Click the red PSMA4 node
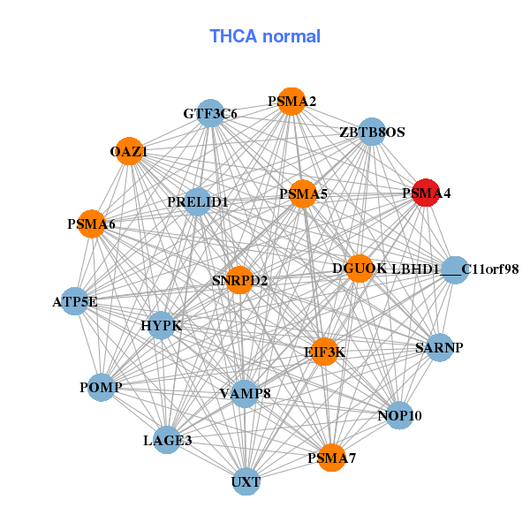click(x=426, y=193)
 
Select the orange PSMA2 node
click(x=291, y=102)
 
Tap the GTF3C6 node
click(x=210, y=113)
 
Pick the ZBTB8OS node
click(x=372, y=132)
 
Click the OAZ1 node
click(x=129, y=151)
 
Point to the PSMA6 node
click(x=91, y=224)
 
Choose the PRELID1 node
click(x=198, y=201)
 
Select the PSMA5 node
click(x=303, y=194)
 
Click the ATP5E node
click(x=75, y=302)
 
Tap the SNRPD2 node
click(x=239, y=280)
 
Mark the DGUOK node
click(x=360, y=268)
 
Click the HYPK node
click(x=161, y=326)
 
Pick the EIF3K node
click(x=325, y=352)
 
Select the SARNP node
click(x=439, y=347)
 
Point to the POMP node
click(x=101, y=387)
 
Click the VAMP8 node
click(x=245, y=392)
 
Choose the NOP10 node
click(x=400, y=414)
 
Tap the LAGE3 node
click(x=167, y=439)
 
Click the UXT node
click(x=246, y=481)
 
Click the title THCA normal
click(x=265, y=37)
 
